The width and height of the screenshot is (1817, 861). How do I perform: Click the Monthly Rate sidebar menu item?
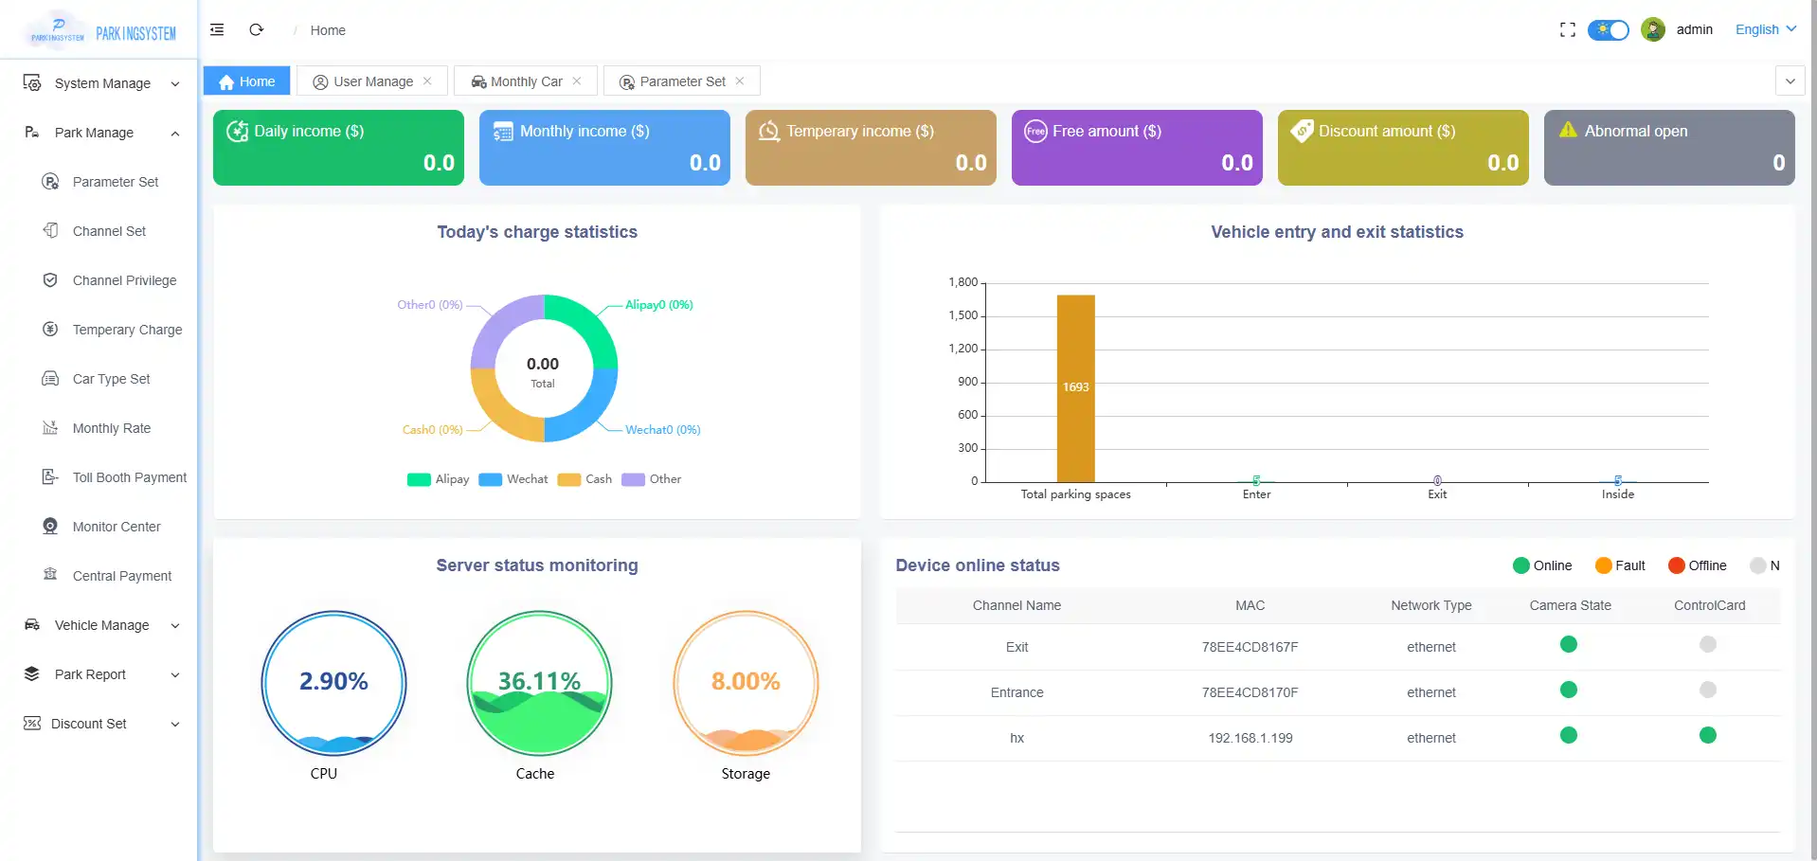(x=111, y=428)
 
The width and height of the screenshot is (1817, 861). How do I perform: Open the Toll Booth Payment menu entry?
(x=129, y=477)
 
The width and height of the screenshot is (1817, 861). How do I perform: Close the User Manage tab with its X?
(x=427, y=81)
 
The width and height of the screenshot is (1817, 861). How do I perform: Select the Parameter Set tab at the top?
(x=681, y=81)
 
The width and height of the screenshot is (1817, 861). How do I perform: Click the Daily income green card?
(x=338, y=148)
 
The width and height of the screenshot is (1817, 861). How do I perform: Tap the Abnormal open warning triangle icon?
(x=1568, y=130)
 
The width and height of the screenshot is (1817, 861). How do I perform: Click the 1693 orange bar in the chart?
(x=1075, y=387)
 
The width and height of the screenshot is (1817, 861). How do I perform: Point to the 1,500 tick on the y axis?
(x=962, y=315)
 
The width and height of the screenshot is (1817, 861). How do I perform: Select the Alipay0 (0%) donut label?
(x=658, y=305)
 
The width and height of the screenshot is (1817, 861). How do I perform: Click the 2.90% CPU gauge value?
(x=333, y=681)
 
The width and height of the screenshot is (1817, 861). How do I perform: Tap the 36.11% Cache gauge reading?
(x=539, y=681)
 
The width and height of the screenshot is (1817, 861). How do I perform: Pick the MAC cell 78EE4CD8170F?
(x=1250, y=692)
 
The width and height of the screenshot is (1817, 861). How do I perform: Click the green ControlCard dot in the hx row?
(x=1707, y=735)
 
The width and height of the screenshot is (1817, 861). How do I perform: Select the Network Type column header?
(x=1430, y=605)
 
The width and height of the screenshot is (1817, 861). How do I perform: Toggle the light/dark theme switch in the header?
(x=1608, y=30)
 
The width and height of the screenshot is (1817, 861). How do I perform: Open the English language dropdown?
(x=1765, y=29)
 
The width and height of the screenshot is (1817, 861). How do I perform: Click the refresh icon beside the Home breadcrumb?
(x=256, y=30)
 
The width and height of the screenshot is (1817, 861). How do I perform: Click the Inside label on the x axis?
(x=1617, y=494)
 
